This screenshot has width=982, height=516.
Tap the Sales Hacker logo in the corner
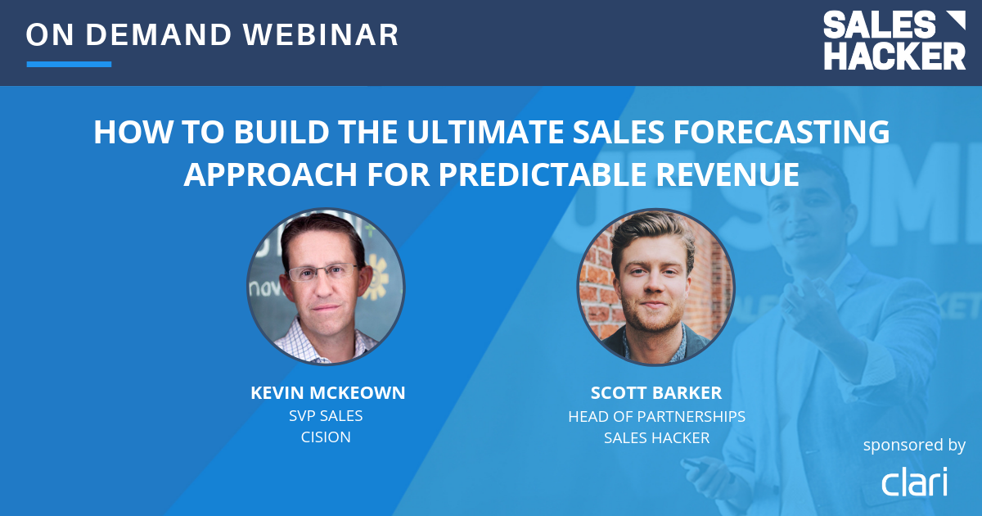tap(894, 40)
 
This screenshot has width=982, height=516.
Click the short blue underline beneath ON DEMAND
tap(69, 64)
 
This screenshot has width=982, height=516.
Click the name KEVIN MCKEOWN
tap(327, 393)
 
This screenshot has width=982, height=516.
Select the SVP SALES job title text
tap(326, 415)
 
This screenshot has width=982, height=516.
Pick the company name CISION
tap(326, 437)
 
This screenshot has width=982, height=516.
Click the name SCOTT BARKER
tap(656, 393)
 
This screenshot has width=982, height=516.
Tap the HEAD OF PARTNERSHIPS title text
tap(656, 416)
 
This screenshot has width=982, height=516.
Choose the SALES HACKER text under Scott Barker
tap(656, 437)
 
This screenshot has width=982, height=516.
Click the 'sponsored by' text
tap(914, 445)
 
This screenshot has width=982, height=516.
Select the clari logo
tap(914, 482)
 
